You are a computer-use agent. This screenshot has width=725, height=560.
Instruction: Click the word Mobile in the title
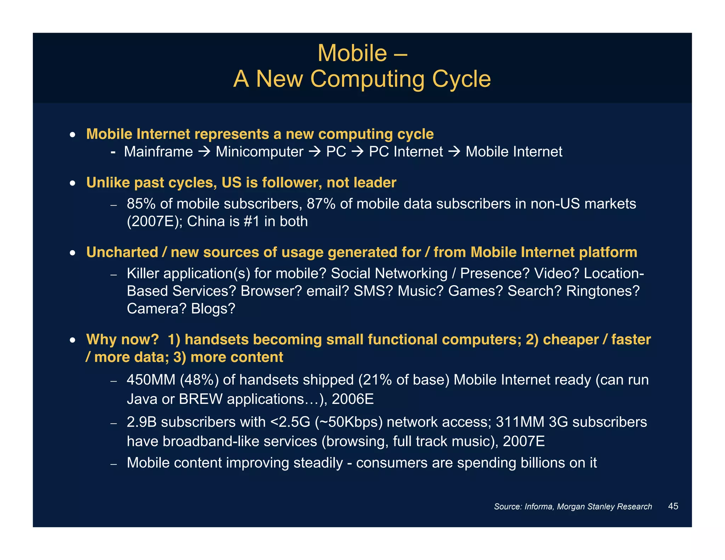click(x=352, y=53)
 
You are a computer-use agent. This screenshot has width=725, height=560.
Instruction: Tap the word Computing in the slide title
click(x=367, y=79)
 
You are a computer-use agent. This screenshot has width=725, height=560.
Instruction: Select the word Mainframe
click(x=158, y=152)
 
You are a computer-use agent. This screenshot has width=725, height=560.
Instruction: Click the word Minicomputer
click(x=259, y=152)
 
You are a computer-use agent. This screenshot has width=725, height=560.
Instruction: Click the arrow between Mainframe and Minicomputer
click(x=204, y=152)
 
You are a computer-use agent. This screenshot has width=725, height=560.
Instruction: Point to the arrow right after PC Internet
click(x=454, y=152)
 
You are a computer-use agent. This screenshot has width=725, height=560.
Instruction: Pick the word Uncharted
click(x=122, y=252)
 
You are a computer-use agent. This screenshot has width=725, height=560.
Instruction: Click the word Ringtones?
click(x=603, y=291)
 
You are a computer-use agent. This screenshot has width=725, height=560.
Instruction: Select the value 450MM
click(x=151, y=380)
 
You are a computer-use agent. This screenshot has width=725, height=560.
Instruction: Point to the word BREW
click(x=201, y=399)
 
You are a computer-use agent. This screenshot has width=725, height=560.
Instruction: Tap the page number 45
click(x=673, y=506)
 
